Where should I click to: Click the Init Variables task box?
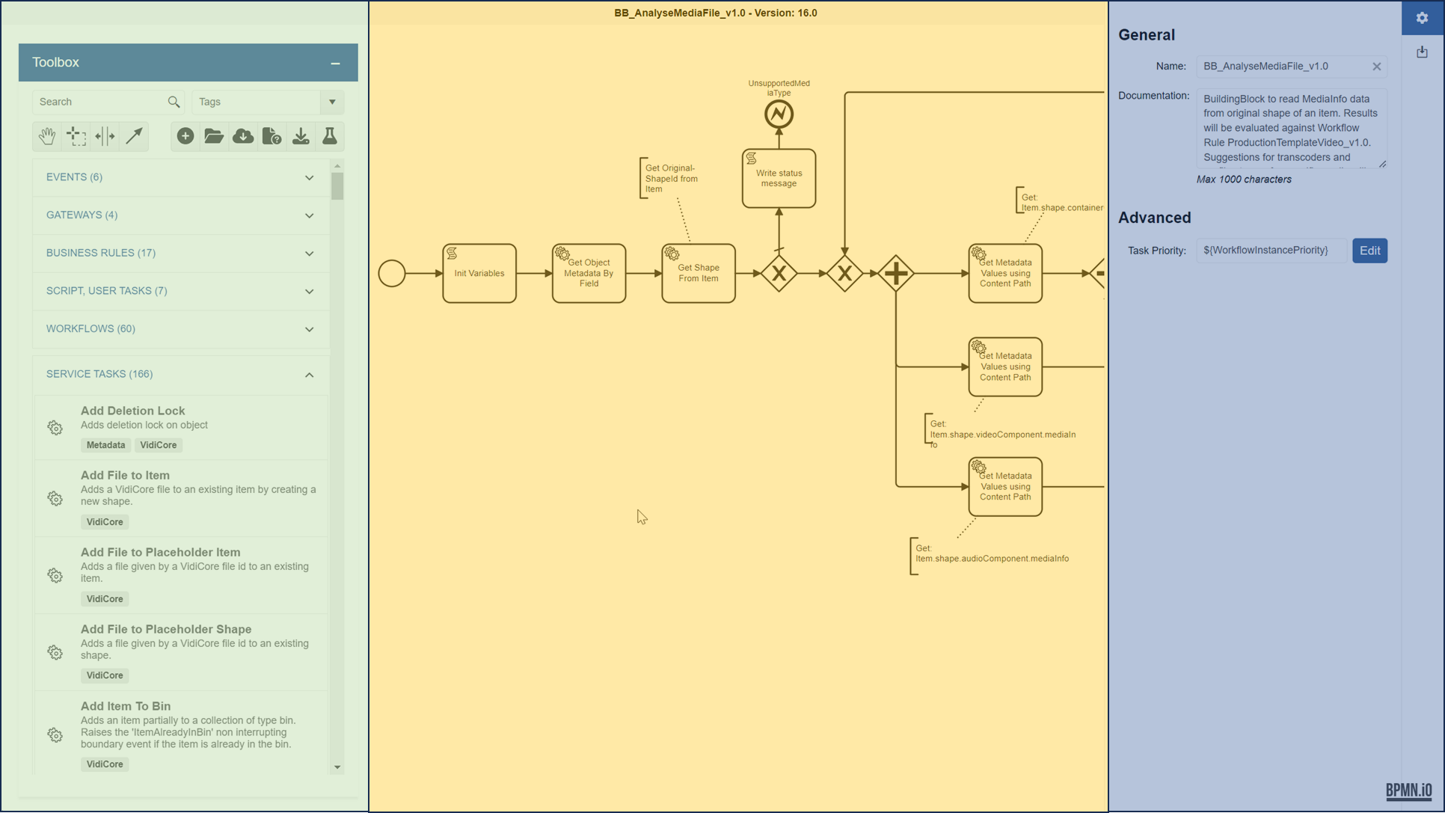point(479,273)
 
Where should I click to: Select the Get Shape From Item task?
point(698,273)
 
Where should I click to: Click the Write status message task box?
point(778,178)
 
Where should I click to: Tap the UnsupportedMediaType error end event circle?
point(778,114)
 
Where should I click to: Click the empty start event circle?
point(391,273)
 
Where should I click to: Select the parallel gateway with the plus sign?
point(895,273)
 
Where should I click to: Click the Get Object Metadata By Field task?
point(589,273)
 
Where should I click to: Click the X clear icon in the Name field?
point(1376,67)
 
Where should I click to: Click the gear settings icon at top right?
point(1421,18)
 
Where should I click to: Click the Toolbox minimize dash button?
point(335,64)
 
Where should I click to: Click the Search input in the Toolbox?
point(101,102)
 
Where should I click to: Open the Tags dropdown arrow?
point(332,102)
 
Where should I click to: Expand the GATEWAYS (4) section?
point(180,215)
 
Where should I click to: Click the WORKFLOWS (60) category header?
point(180,329)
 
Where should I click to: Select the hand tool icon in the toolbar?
point(47,136)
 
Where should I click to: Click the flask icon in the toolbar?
point(329,136)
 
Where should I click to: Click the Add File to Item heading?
point(125,475)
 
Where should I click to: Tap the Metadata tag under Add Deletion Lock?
point(105,445)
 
